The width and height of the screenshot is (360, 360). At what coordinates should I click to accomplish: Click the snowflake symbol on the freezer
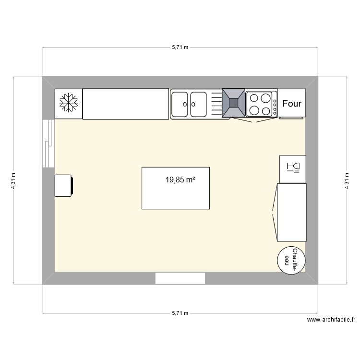point(69,103)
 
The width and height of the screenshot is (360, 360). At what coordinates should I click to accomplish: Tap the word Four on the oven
point(292,103)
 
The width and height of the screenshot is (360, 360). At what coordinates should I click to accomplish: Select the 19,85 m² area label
point(180,180)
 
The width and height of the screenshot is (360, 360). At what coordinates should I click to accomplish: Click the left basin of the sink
point(180,104)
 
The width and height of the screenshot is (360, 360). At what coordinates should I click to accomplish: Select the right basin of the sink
point(198,104)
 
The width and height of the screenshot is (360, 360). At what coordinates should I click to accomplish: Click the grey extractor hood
point(234,103)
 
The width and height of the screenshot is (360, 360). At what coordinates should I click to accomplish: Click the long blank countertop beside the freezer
point(126,104)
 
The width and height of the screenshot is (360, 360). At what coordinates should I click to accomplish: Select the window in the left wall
point(48,143)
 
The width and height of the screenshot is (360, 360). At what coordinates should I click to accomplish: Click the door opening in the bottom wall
point(180,278)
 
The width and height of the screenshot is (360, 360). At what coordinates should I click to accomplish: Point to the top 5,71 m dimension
point(180,48)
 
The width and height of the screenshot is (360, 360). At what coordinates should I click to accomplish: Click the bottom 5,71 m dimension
point(180,313)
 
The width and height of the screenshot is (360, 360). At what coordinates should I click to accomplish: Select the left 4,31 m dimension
point(13,181)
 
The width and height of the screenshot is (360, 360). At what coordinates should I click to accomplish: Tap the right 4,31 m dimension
point(346,181)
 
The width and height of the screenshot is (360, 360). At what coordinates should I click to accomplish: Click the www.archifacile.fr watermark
point(331,320)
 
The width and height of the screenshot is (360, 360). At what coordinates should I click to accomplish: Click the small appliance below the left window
point(64,186)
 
